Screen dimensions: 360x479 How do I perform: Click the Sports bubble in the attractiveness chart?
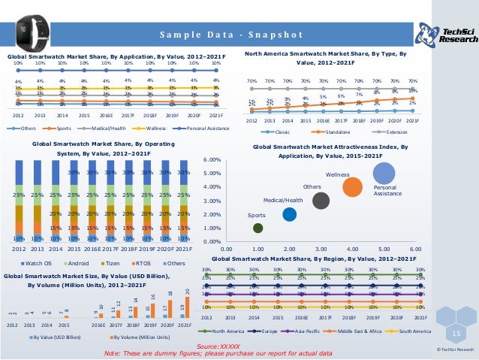coord(258,227)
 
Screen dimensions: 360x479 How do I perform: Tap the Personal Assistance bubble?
coord(384,172)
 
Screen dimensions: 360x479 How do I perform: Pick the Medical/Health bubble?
coord(289,214)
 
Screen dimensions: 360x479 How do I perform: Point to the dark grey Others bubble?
coord(321,200)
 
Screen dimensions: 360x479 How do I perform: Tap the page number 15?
coord(455,332)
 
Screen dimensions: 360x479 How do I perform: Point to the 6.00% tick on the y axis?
coord(212,159)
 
